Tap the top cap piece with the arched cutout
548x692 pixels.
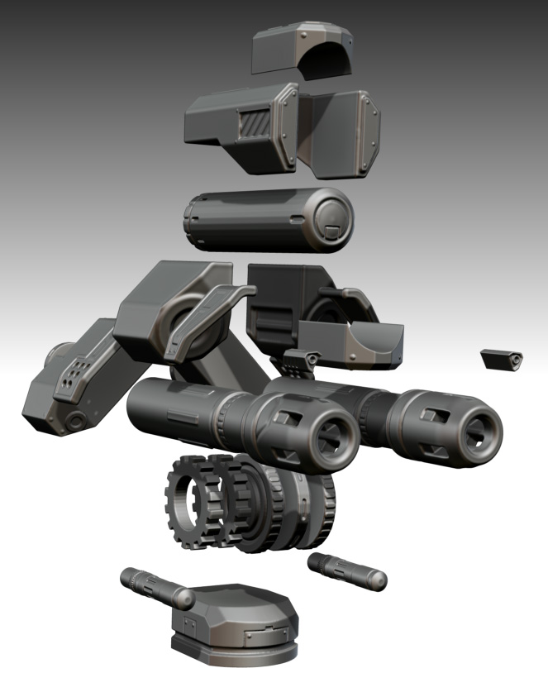point(304,50)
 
